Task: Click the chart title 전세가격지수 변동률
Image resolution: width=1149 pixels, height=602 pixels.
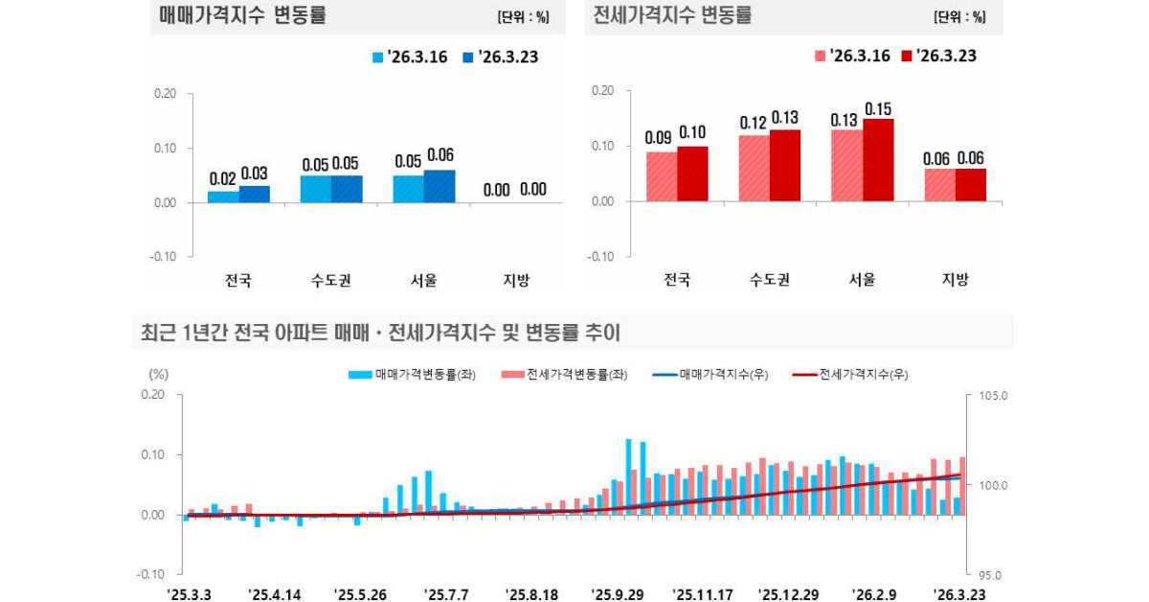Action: click(x=673, y=16)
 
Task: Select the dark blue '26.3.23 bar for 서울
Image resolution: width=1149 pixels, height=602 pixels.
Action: click(x=440, y=186)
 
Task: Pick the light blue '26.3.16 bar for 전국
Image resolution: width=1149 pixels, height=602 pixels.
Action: click(x=223, y=197)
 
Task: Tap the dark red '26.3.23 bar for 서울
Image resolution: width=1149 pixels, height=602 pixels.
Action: click(x=878, y=160)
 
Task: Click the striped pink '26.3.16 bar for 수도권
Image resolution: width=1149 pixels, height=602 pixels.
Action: click(x=755, y=168)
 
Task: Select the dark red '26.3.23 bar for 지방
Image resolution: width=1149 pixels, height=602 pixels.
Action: click(x=970, y=185)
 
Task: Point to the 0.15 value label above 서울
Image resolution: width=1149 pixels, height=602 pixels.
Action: click(x=878, y=109)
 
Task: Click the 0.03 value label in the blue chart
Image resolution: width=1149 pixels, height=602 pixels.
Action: click(x=254, y=174)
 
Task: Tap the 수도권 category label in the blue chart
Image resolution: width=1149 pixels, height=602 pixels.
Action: click(x=331, y=281)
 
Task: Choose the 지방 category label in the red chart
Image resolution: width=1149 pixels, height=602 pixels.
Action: click(x=955, y=280)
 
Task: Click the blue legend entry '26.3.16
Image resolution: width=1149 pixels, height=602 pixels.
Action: click(x=410, y=58)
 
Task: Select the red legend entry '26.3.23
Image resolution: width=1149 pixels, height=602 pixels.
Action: click(x=938, y=57)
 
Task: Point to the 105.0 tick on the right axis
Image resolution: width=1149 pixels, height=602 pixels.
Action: click(x=995, y=395)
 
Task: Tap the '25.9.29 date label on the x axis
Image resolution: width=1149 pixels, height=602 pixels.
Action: click(x=618, y=594)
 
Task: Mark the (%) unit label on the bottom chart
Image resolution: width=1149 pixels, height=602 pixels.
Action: click(x=159, y=374)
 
